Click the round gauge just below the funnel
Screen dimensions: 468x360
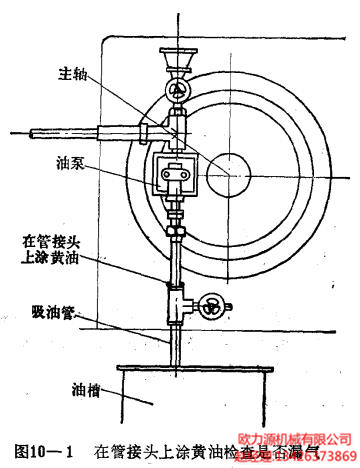178,91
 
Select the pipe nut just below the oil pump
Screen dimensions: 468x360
178,229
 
